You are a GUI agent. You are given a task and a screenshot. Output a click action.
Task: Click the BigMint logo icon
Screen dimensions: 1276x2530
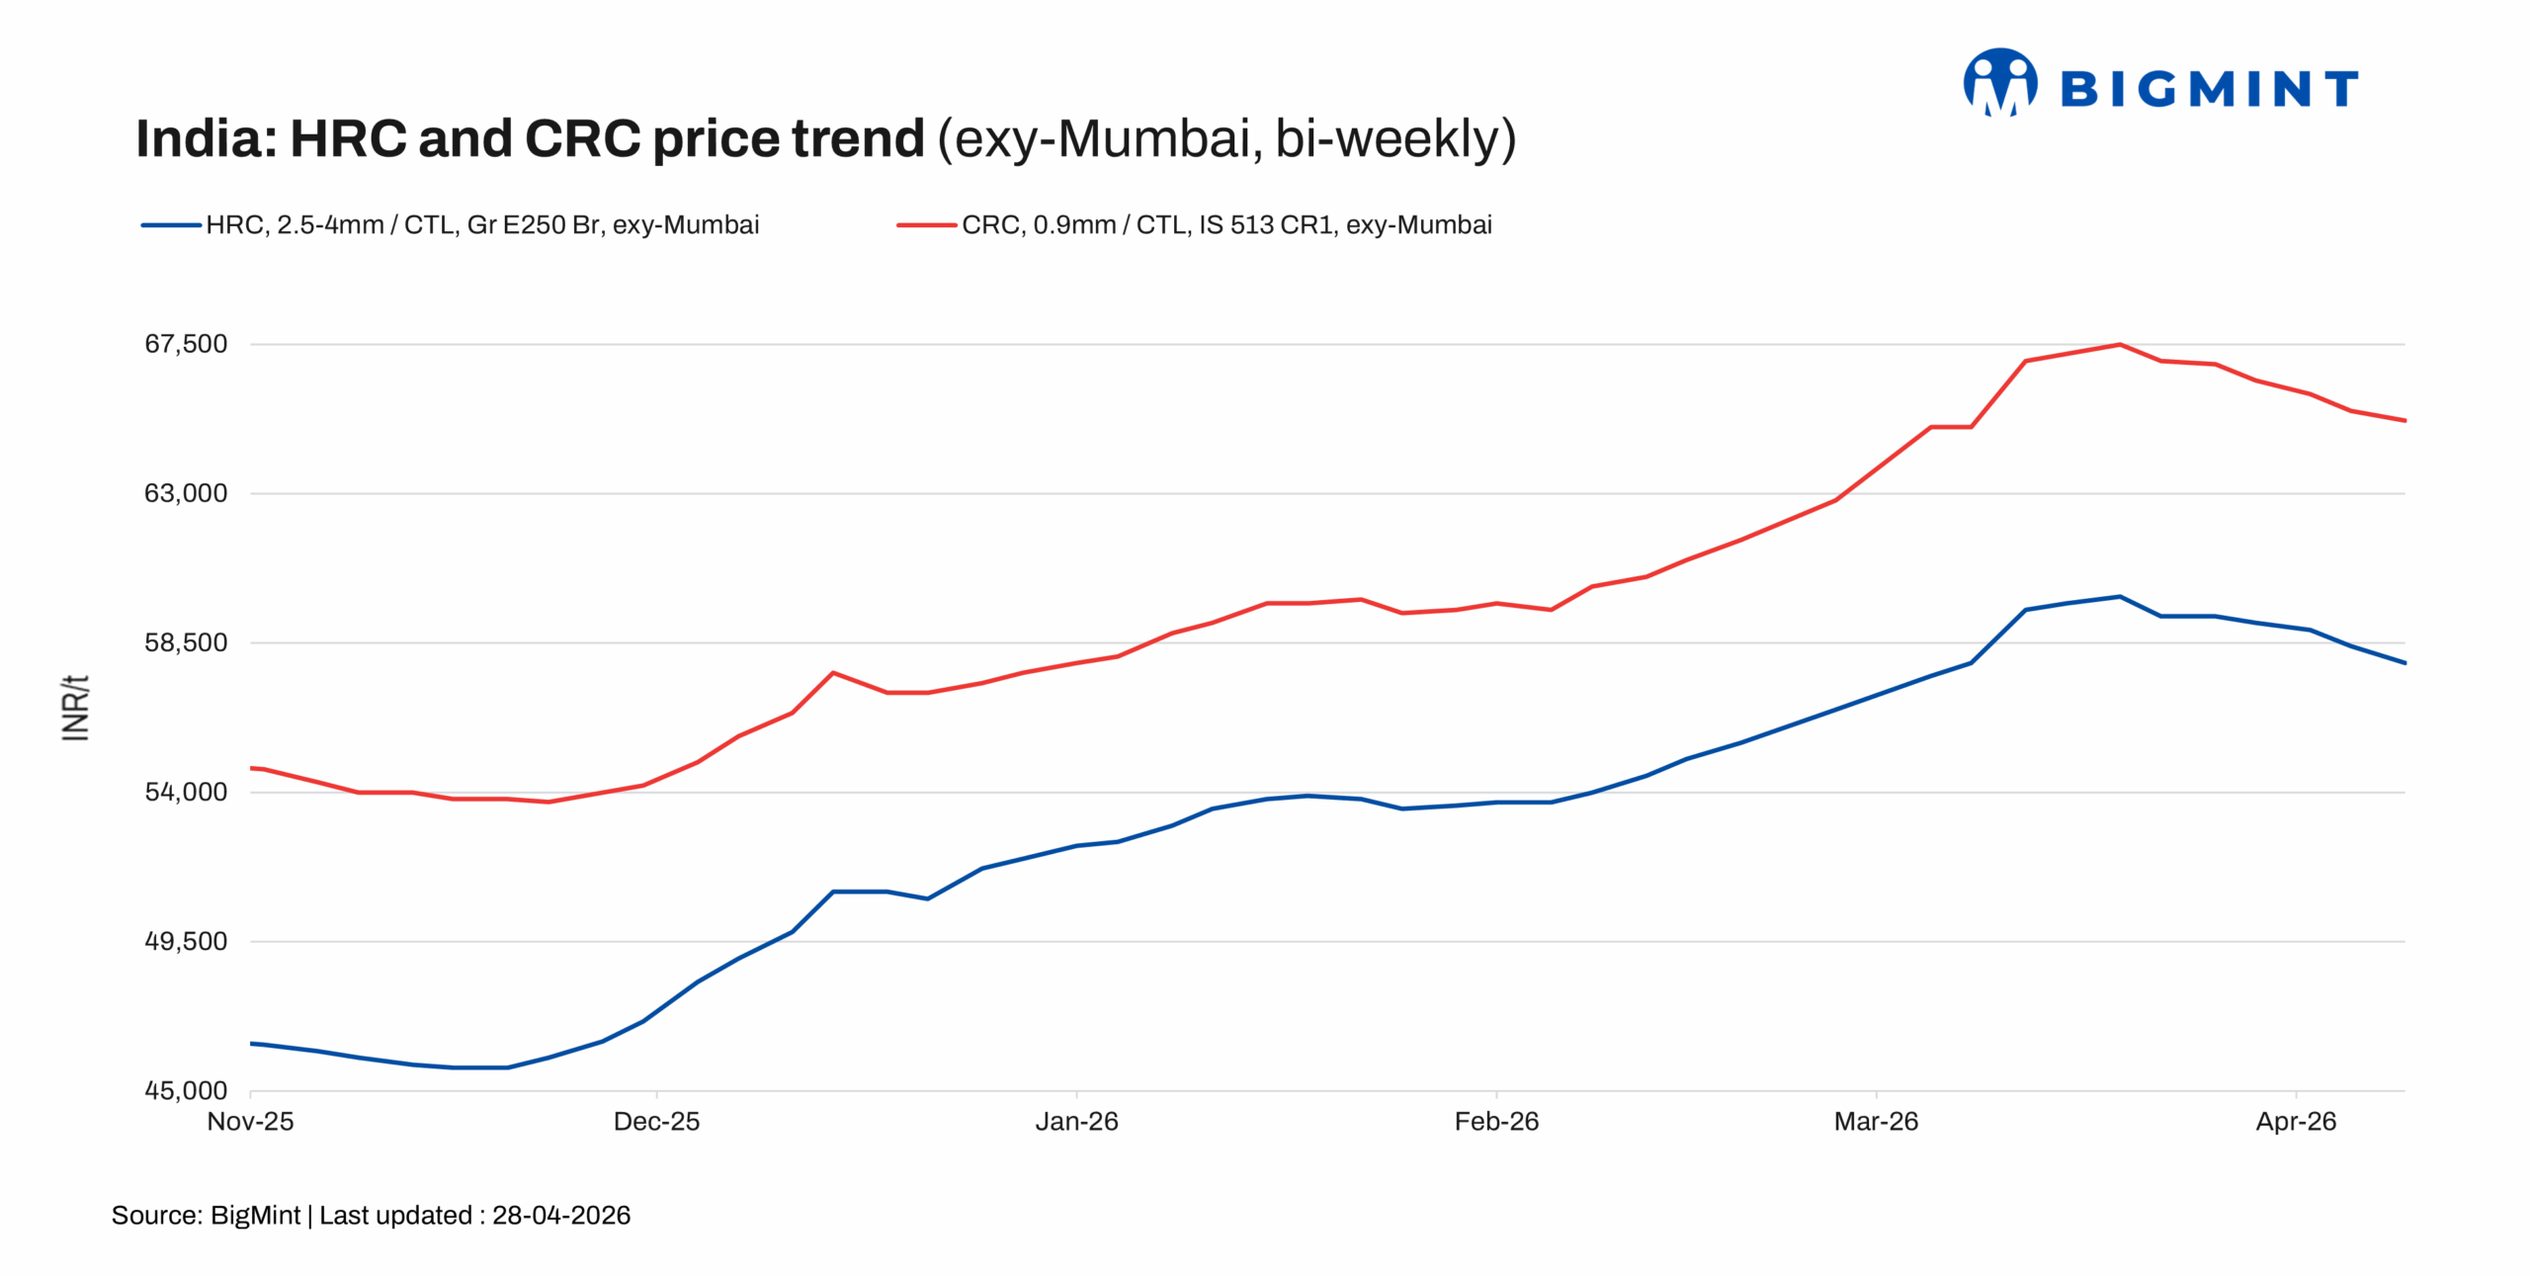tap(1998, 83)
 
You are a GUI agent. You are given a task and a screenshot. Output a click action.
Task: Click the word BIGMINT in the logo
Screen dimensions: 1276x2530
tap(2209, 90)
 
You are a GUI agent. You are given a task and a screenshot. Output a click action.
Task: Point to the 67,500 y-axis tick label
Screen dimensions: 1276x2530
tap(186, 344)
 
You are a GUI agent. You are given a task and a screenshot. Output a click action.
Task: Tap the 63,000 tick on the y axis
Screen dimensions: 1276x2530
tap(186, 493)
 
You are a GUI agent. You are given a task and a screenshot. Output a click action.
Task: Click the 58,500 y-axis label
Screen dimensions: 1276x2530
tap(186, 642)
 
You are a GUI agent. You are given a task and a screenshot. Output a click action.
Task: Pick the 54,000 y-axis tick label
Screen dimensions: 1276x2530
tap(186, 792)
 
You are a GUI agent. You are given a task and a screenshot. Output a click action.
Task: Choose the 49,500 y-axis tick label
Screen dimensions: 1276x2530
tap(186, 941)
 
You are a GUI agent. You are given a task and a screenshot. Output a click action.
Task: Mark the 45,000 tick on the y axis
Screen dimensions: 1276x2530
tap(186, 1090)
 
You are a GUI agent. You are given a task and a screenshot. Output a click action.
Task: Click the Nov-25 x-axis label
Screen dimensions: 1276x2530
tap(250, 1122)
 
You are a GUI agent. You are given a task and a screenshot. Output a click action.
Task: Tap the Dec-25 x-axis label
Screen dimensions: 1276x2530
tap(656, 1122)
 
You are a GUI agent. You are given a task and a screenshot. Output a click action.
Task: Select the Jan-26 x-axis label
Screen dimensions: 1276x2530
tap(1076, 1122)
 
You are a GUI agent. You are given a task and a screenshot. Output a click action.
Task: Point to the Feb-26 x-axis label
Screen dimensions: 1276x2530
tap(1496, 1122)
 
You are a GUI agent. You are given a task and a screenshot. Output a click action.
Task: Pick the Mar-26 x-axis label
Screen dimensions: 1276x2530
tap(1876, 1122)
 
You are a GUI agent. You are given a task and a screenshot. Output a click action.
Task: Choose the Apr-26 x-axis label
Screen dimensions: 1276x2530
tap(2296, 1122)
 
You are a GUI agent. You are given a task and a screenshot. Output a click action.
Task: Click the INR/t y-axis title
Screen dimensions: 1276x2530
tap(76, 708)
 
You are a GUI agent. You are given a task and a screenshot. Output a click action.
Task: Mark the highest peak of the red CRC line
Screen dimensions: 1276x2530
tap(2119, 345)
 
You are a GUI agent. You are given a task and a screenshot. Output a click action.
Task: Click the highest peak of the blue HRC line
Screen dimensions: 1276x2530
tap(2119, 597)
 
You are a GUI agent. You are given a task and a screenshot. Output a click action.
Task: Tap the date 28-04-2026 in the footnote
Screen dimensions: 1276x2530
tap(561, 1216)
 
